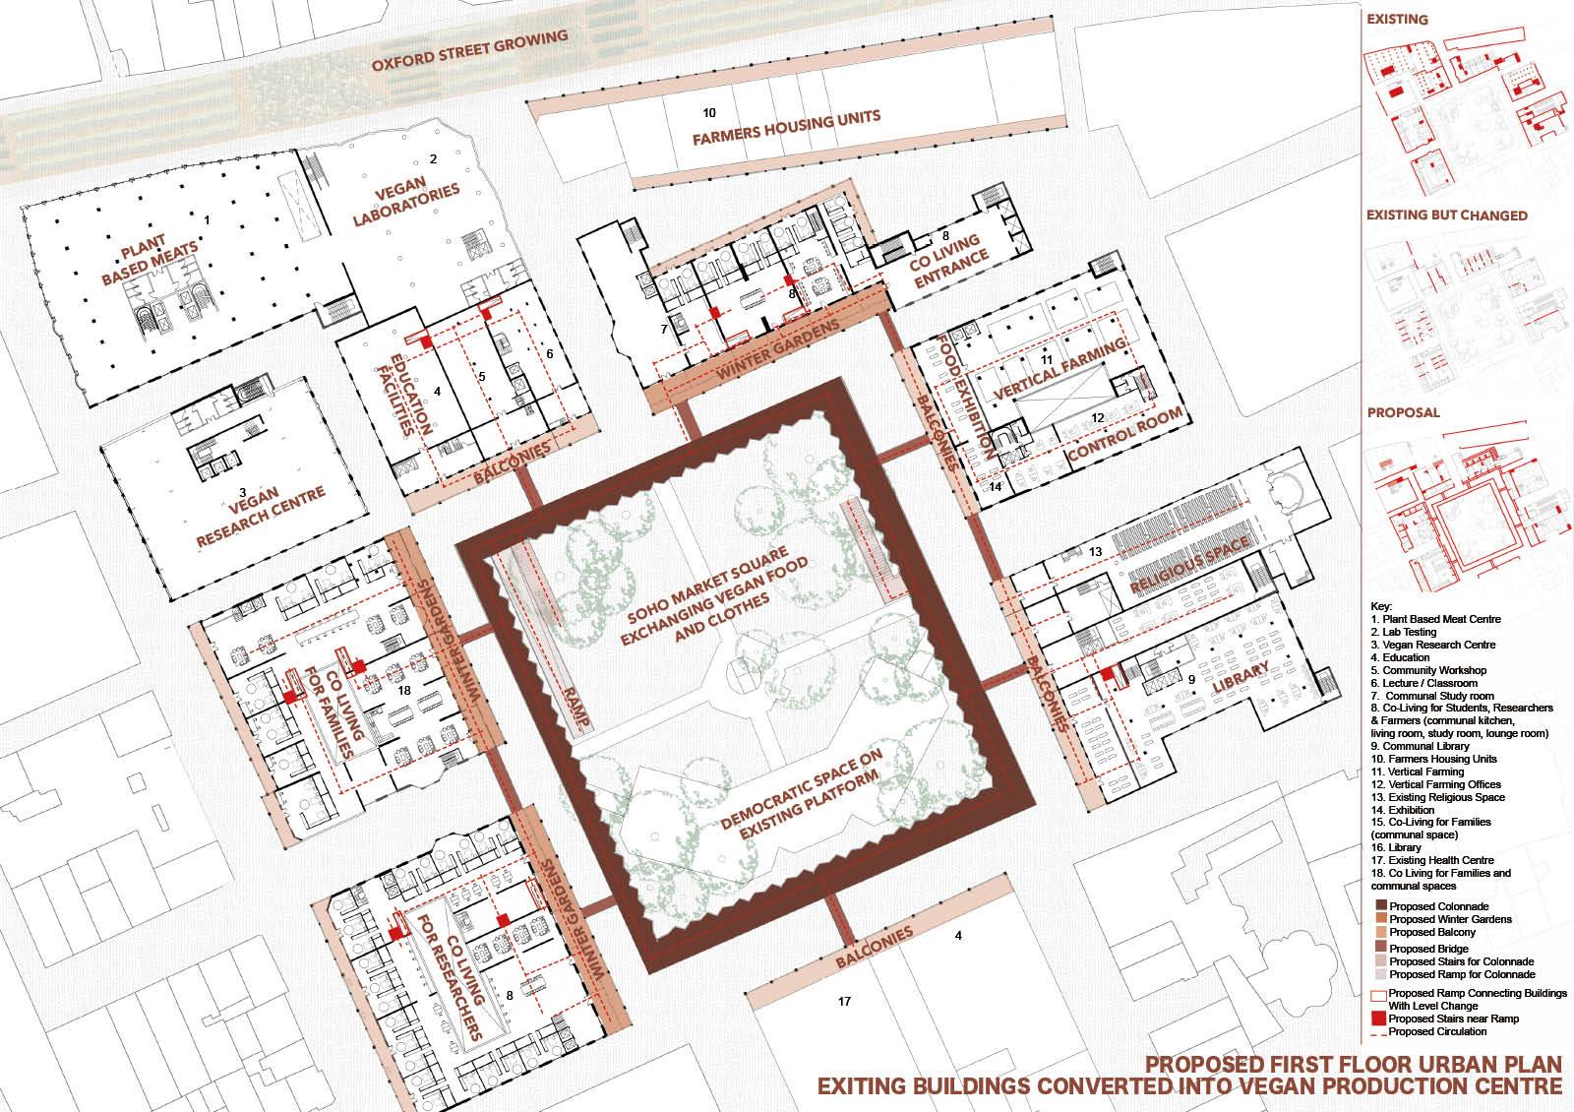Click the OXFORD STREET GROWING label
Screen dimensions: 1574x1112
[469, 50]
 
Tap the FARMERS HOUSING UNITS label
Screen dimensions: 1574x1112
[786, 128]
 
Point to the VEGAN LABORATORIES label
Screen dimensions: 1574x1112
[405, 201]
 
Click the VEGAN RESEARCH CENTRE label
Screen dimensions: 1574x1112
[260, 516]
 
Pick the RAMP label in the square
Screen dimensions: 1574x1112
[576, 708]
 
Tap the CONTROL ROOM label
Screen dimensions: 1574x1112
[1125, 434]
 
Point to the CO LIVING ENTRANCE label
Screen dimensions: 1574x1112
[947, 260]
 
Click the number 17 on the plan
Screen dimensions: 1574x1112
[844, 1001]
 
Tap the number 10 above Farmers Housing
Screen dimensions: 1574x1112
[709, 112]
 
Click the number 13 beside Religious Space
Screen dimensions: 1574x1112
[1095, 552]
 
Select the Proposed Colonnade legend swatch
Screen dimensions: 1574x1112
[1381, 905]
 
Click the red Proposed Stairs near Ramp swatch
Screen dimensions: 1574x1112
[1378, 1018]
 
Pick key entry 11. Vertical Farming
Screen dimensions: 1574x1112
[1414, 772]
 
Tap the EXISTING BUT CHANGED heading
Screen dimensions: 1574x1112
[1447, 216]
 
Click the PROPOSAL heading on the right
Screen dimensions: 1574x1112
[1403, 412]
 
